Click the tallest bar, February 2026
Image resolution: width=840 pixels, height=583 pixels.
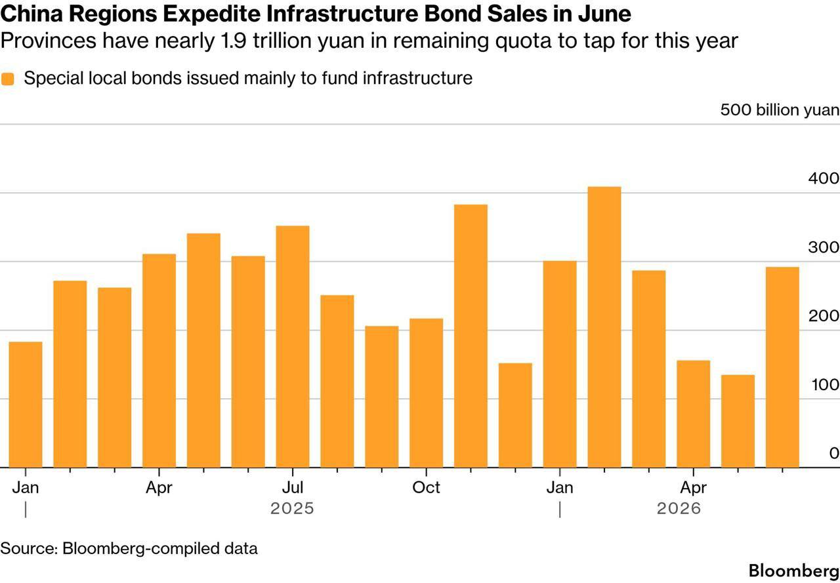tap(604, 327)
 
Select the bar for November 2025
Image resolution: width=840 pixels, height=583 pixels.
tap(471, 336)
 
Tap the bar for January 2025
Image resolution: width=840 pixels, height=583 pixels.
tap(26, 404)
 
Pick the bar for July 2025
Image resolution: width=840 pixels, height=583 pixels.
tap(293, 346)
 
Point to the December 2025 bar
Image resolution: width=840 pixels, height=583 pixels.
tap(515, 415)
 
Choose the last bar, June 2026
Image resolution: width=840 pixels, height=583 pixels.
tap(782, 367)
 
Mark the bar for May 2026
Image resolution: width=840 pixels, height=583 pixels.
tap(738, 421)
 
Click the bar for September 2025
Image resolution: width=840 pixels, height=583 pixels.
tap(382, 397)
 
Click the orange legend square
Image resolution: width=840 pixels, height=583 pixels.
tap(7, 79)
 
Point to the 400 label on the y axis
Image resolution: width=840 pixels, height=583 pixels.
tap(824, 178)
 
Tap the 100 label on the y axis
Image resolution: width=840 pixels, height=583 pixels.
tap(825, 385)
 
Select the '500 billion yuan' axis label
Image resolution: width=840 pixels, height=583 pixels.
tap(780, 110)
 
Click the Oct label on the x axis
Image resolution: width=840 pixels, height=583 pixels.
tap(426, 487)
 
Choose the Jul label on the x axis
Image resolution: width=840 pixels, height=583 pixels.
tap(293, 487)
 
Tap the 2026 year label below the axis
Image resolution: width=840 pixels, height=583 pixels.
tap(679, 508)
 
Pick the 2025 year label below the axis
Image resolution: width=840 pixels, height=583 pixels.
tap(292, 508)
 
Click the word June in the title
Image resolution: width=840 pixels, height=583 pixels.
tap(604, 14)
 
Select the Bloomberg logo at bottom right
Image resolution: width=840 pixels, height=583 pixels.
tap(794, 571)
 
